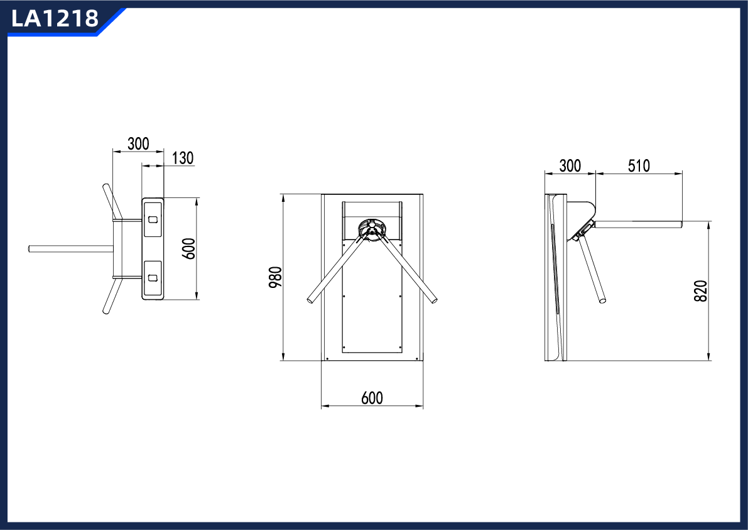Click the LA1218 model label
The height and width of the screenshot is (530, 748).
(x=55, y=19)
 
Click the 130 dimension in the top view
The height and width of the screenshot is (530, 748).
(x=183, y=158)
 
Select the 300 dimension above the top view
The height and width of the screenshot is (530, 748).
(x=138, y=143)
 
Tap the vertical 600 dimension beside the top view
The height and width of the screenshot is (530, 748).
(x=190, y=249)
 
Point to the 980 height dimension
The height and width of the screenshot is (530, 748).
(x=276, y=277)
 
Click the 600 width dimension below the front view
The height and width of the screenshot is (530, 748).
(x=372, y=398)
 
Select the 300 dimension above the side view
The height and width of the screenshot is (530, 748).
(x=570, y=166)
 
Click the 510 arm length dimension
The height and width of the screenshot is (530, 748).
(x=639, y=166)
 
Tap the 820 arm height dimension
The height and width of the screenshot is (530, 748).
(x=701, y=291)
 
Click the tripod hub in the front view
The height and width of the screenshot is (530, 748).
(x=371, y=228)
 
